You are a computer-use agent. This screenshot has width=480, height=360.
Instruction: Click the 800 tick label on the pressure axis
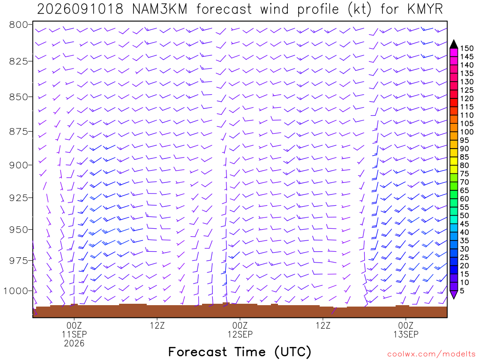pos(19,24)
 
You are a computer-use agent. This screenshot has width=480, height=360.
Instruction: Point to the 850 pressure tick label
pos(19,97)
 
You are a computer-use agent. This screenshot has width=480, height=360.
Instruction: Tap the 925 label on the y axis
pos(19,197)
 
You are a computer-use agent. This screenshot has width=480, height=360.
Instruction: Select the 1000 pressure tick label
pos(16,291)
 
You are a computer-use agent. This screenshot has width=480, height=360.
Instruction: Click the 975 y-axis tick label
pos(19,261)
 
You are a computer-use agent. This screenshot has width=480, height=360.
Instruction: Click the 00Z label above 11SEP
pos(74,325)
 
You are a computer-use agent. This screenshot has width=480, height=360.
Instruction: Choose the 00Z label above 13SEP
pos(406,325)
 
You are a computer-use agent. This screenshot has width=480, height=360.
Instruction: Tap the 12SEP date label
pos(240,334)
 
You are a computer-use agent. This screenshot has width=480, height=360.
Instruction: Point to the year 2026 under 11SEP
pos(74,343)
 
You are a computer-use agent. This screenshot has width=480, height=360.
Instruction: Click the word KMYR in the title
pos(425,9)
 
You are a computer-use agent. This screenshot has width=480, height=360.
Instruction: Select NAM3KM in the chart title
pos(160,9)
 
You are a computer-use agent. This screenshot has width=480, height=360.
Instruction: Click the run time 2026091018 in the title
pos(80,9)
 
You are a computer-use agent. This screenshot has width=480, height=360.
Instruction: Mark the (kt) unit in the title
pos(360,9)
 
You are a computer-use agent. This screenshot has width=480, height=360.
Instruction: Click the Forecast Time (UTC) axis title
pos(240,352)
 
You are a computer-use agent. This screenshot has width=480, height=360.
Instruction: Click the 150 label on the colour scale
pos(467,48)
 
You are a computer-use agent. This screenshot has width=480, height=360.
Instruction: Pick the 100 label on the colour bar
pos(467,132)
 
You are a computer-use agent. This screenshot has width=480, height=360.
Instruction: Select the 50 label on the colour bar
pos(465,216)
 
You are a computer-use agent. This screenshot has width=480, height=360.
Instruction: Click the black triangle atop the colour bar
pos(454,45)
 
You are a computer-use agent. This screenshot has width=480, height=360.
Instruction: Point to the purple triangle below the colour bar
pos(454,294)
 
